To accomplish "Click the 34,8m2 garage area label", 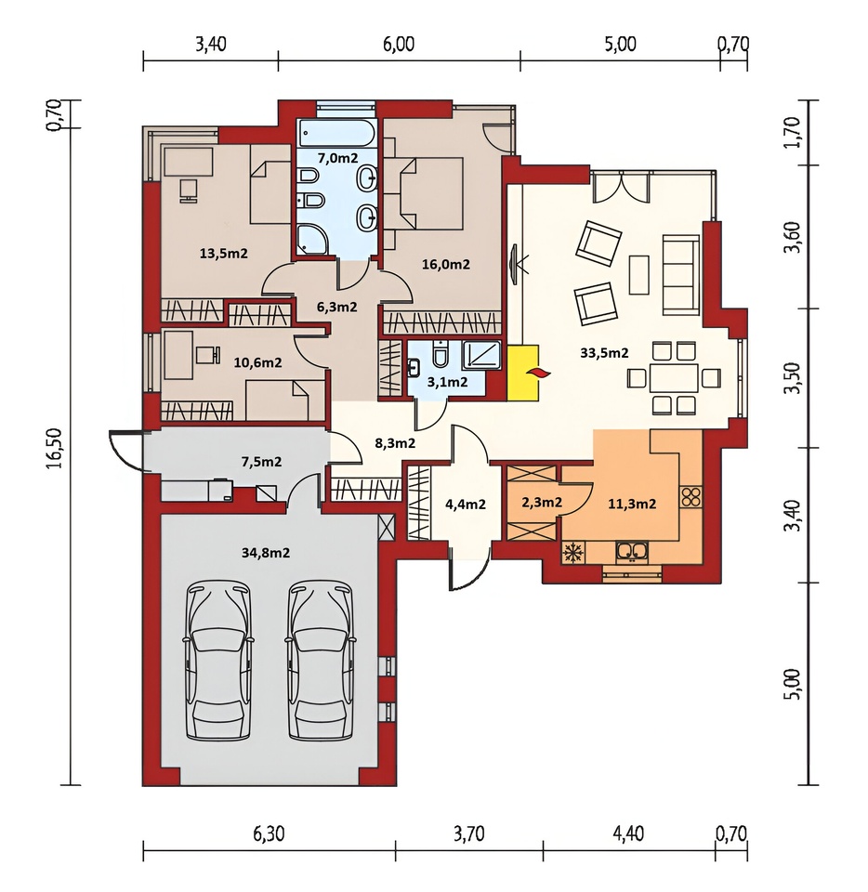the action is click(x=266, y=552).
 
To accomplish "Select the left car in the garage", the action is click(x=219, y=660).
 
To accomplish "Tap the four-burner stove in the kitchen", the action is click(x=691, y=496).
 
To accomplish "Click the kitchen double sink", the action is click(x=631, y=551).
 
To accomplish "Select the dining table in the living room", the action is click(x=674, y=378).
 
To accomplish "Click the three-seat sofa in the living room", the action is click(x=681, y=275).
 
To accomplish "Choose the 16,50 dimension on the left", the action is click(x=55, y=448).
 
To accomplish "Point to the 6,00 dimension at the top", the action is click(x=399, y=44).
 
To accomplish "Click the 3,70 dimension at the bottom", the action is click(x=469, y=833).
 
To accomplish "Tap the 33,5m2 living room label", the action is click(x=604, y=353).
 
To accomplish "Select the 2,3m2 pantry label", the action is click(x=542, y=503).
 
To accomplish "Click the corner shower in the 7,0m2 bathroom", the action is click(x=311, y=240).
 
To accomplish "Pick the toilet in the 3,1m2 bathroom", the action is click(x=441, y=354).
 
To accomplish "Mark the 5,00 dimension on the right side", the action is click(x=795, y=684).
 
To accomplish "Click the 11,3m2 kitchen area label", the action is click(x=633, y=504).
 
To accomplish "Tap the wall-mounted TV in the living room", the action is click(x=515, y=265).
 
